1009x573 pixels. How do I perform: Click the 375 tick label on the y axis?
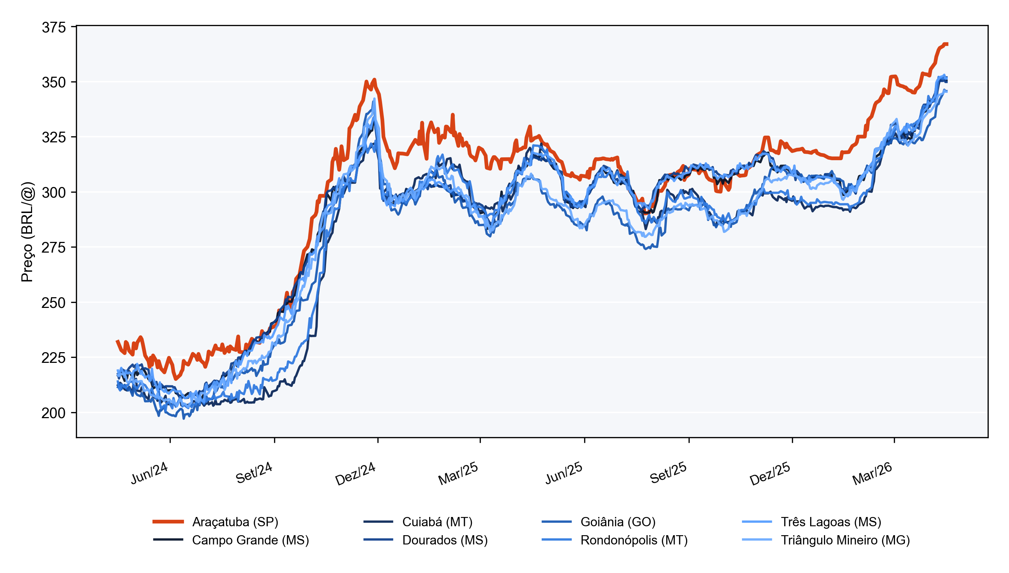click(54, 27)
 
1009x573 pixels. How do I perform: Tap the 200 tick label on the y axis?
click(54, 413)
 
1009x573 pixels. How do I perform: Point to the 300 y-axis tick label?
click(54, 192)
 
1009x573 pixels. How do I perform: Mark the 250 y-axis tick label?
click(54, 303)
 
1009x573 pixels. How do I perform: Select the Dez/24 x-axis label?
click(355, 473)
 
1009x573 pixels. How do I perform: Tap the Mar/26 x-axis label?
click(872, 473)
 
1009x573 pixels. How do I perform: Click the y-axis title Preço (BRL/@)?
click(27, 232)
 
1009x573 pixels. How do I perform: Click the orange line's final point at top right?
click(948, 44)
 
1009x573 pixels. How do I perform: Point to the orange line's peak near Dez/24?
click(374, 80)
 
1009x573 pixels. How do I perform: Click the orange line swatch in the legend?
click(168, 522)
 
